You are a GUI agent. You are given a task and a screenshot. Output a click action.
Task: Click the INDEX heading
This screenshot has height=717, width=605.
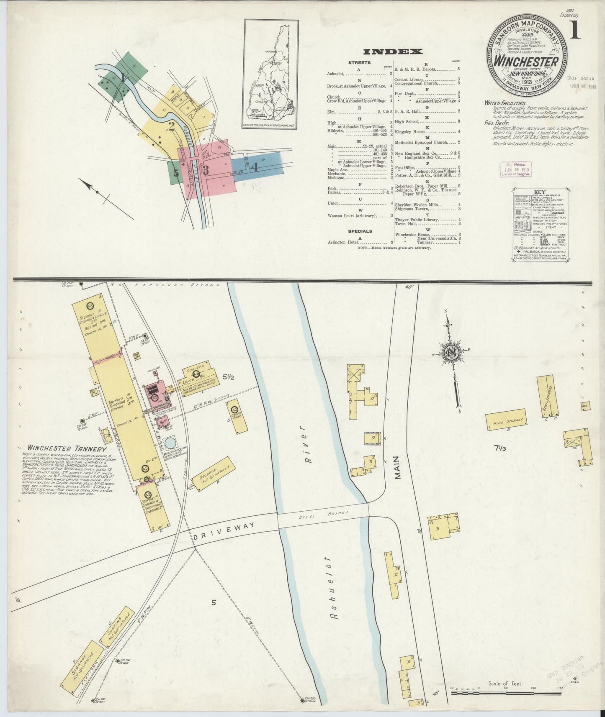[x=392, y=52]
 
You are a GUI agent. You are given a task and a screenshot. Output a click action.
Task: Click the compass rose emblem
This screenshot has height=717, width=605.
[x=453, y=354]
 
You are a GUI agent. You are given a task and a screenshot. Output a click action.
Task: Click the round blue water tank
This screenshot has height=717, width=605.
[x=170, y=443]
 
